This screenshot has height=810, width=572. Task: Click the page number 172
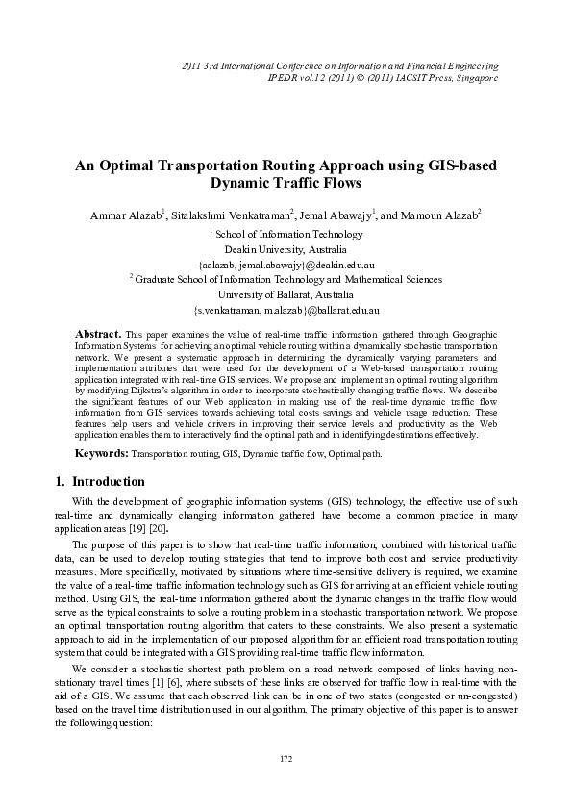[286, 759]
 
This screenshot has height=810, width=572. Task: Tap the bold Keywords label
[102, 452]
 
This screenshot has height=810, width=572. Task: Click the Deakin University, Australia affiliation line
[286, 248]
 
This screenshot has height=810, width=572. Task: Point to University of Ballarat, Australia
[286, 294]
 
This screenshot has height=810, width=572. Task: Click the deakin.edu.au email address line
[286, 264]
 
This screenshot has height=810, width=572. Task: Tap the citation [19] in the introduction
[149, 529]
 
